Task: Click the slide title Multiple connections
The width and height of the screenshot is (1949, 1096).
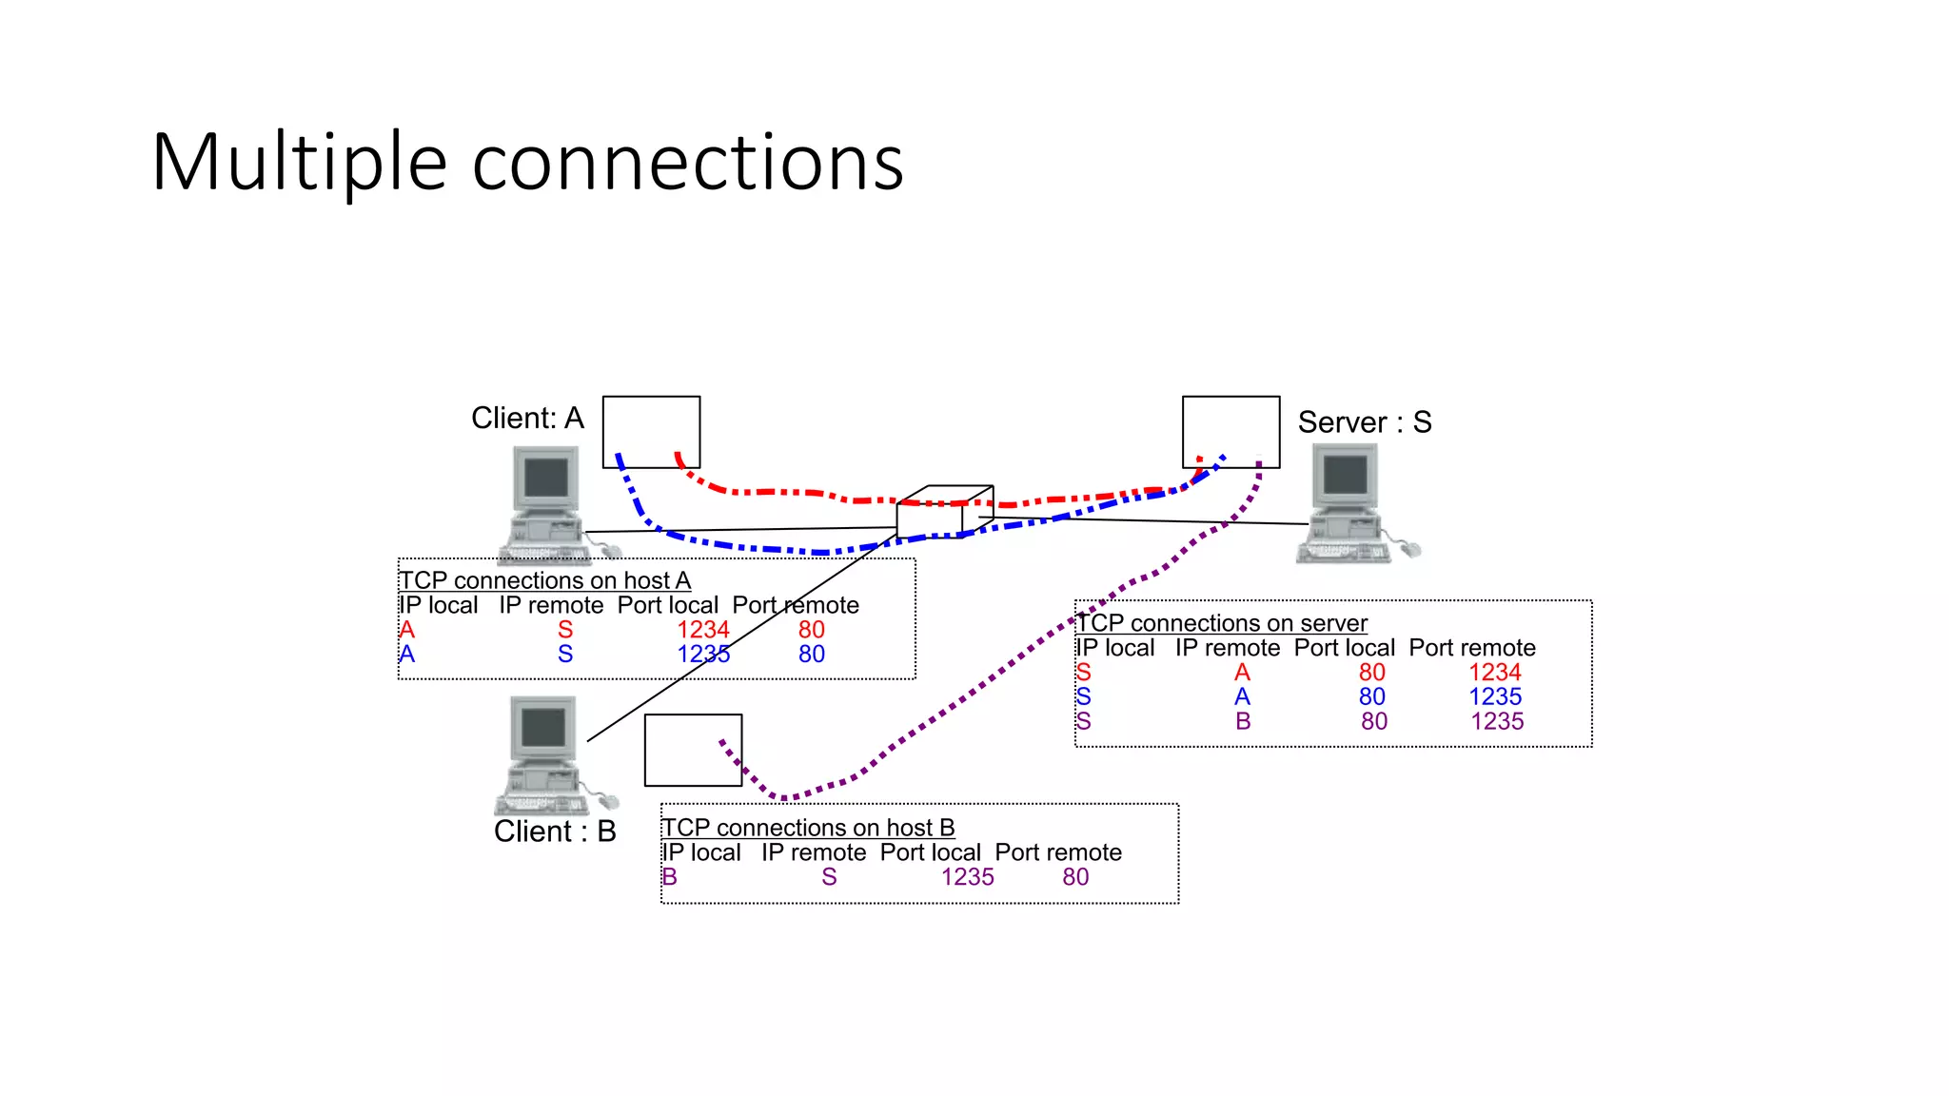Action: tap(527, 163)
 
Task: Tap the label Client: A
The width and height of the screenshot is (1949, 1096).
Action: tap(527, 418)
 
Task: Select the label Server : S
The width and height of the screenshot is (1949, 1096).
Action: tap(1364, 422)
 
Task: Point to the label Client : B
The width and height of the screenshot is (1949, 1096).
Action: tap(555, 832)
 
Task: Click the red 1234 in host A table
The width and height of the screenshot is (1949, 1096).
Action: tap(702, 630)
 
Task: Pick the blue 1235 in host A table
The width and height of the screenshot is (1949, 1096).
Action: tap(702, 655)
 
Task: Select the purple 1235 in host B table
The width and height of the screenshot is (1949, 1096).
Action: tap(967, 877)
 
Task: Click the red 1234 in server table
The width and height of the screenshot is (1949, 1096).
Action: tap(1494, 673)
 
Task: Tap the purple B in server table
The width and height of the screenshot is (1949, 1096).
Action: tap(1243, 722)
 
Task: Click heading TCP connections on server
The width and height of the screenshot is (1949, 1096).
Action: tap(1221, 623)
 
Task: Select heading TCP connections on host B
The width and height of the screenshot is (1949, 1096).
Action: tap(808, 828)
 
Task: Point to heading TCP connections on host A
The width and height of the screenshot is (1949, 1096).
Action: tap(544, 580)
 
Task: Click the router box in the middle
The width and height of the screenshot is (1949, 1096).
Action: tap(937, 515)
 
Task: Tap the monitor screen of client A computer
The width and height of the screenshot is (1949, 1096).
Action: tap(545, 478)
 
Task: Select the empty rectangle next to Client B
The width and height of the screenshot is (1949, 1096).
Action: tap(693, 751)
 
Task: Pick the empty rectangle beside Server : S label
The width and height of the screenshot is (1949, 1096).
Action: tap(1230, 431)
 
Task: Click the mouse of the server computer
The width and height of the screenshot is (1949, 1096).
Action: tap(1410, 549)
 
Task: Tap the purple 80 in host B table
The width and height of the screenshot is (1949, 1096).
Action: tap(1075, 877)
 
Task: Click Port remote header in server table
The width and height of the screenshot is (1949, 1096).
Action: tap(1471, 648)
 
